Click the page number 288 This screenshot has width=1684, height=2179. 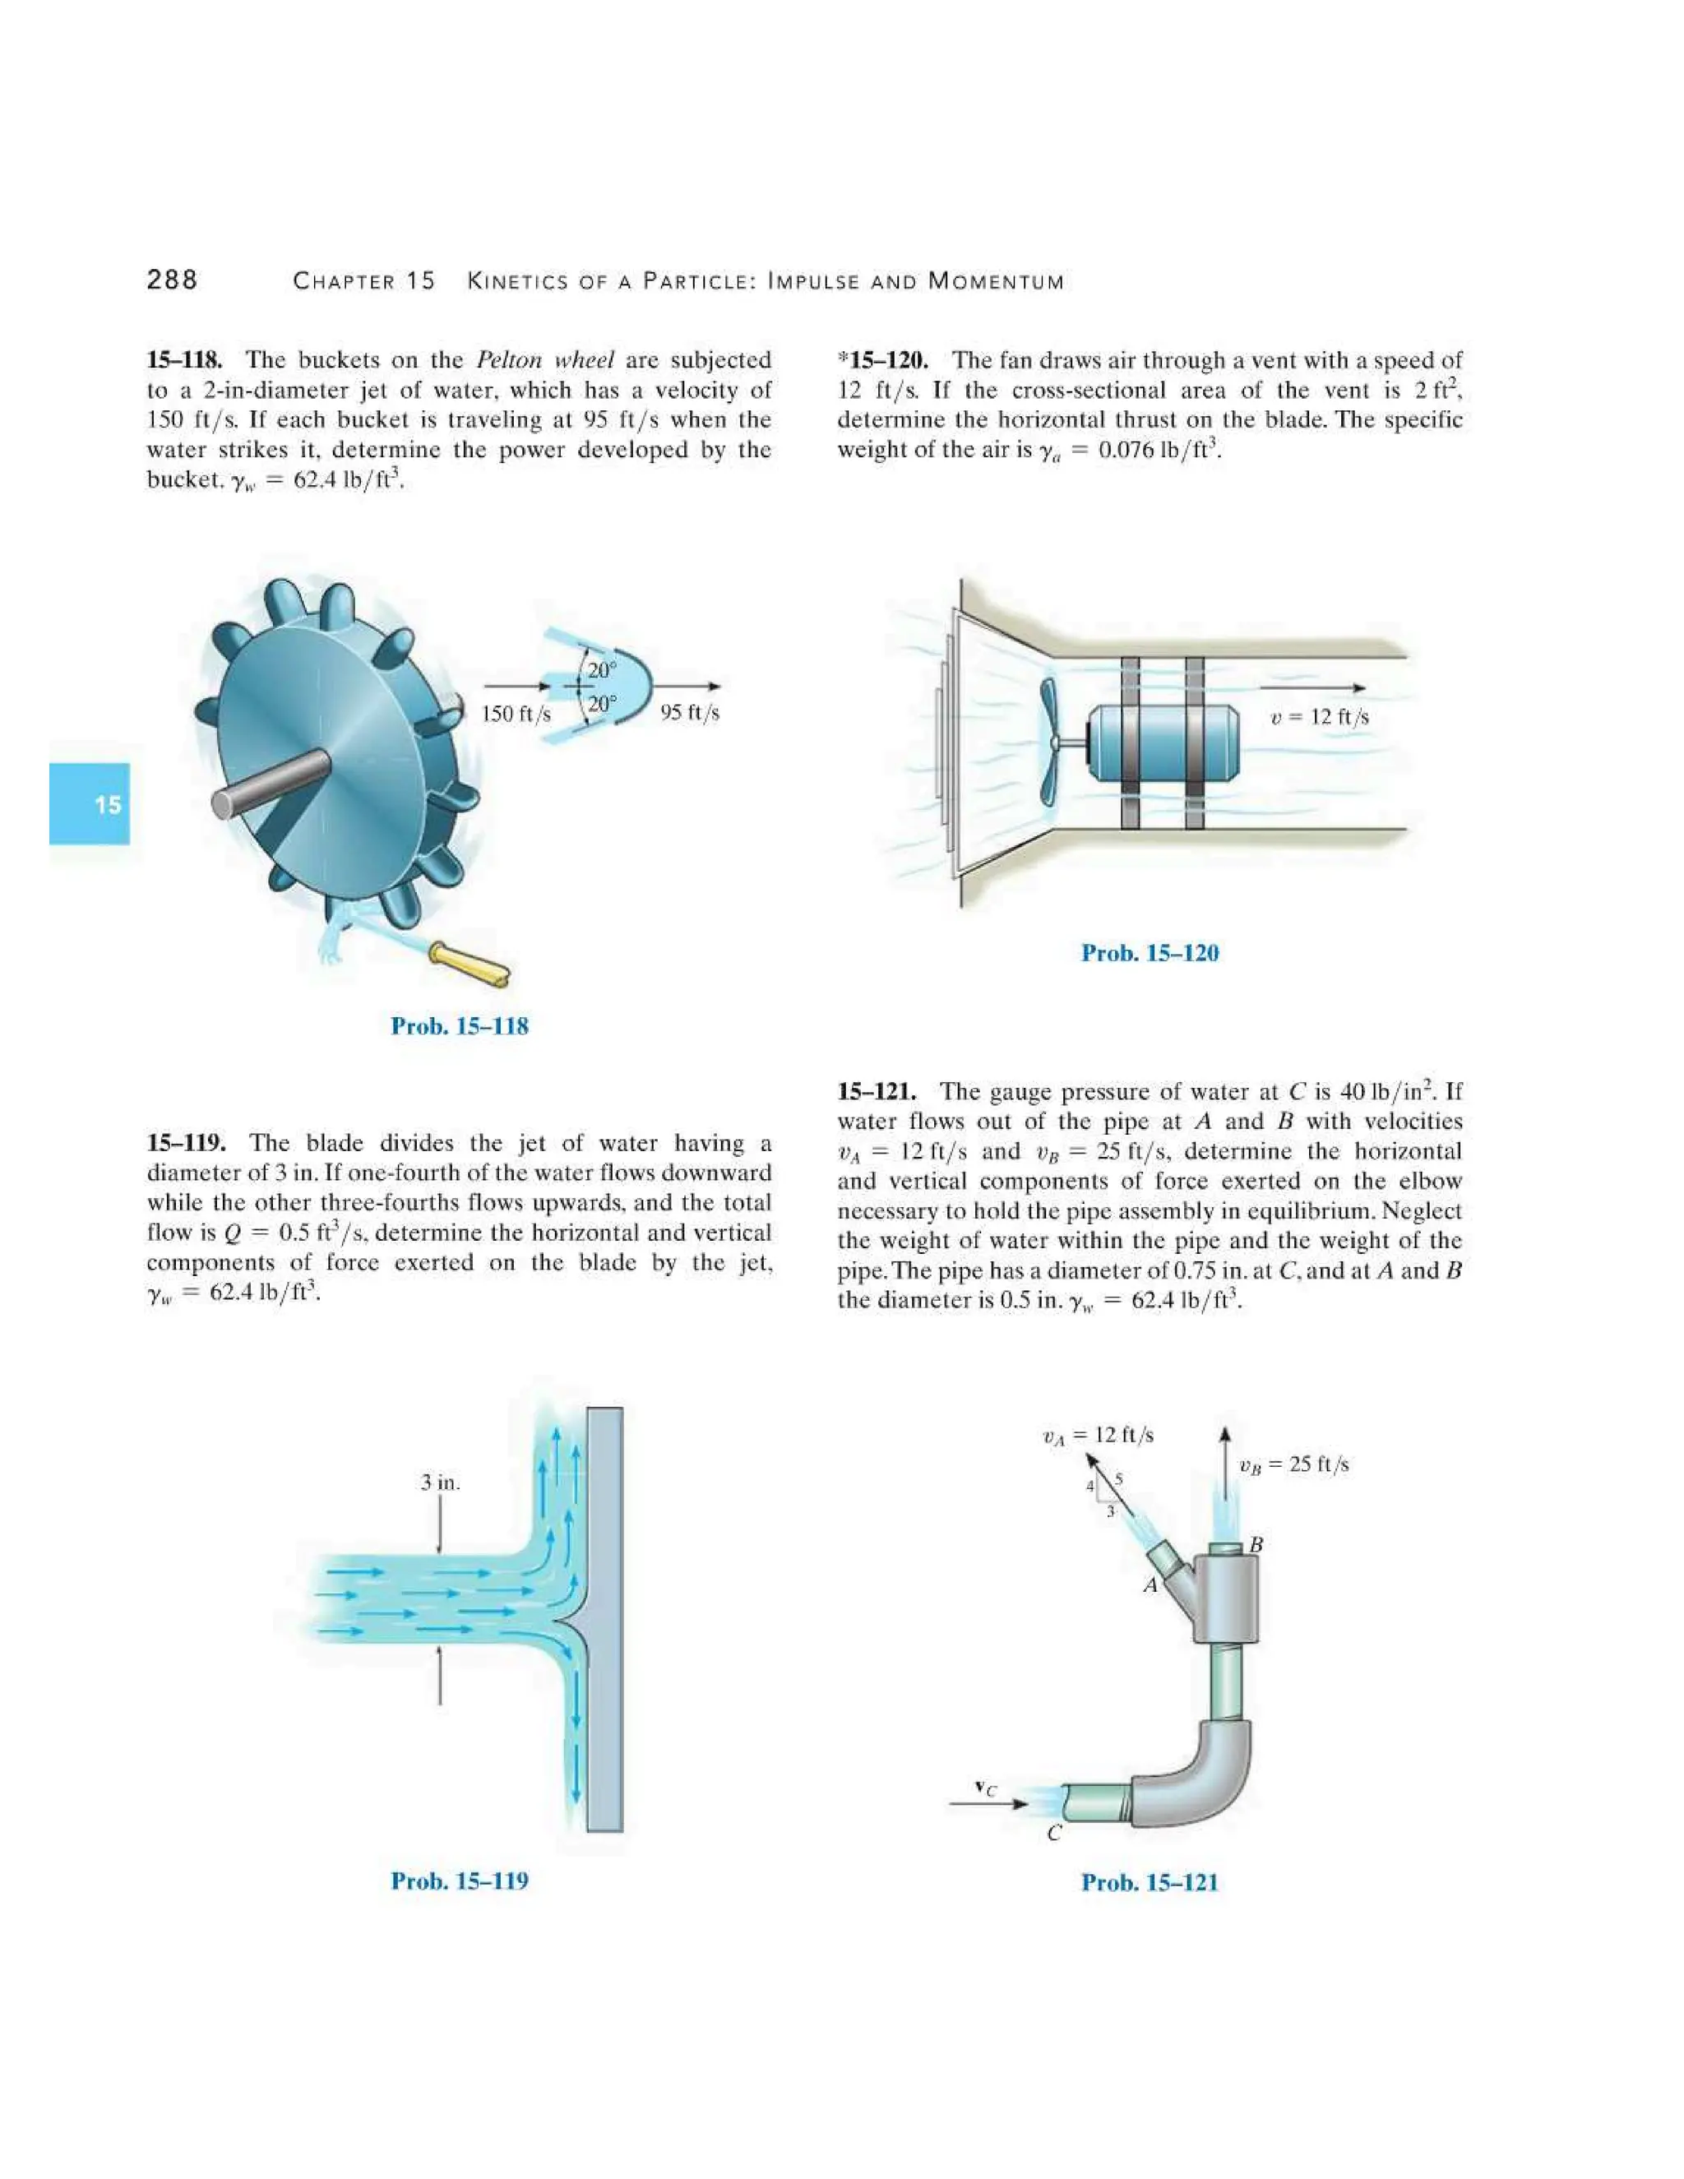coord(172,280)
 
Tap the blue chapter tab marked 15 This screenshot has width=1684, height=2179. coord(90,804)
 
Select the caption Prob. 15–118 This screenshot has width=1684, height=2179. coord(460,1025)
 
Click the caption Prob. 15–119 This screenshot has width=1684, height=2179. coord(460,1881)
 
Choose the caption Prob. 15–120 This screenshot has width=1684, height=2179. coord(1150,953)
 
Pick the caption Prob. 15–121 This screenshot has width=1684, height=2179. coord(1150,1883)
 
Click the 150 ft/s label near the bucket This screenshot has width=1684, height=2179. coord(516,714)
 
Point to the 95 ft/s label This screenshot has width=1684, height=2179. coord(689,712)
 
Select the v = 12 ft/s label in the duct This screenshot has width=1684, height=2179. coord(1319,717)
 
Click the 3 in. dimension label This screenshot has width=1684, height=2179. coord(440,1483)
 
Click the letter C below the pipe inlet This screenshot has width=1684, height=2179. coord(1053,1833)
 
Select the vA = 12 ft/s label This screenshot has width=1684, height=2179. coord(1098,1436)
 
